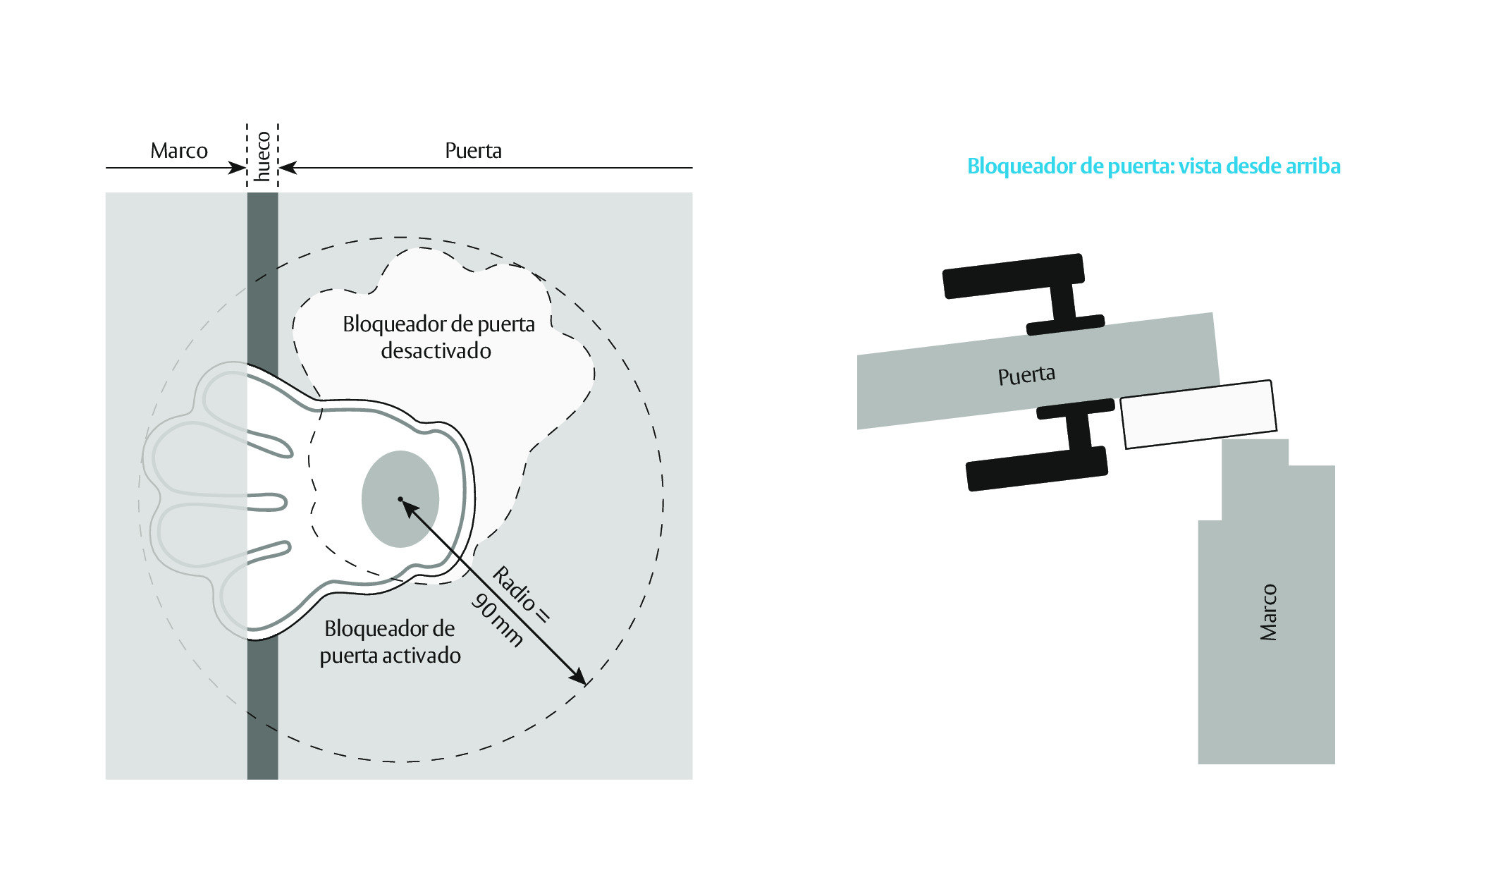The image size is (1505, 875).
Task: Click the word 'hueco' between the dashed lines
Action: point(262,157)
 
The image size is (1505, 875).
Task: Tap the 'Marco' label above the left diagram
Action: point(179,151)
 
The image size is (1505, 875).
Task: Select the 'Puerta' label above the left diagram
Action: point(473,151)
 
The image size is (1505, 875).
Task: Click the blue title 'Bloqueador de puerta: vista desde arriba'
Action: point(1153,166)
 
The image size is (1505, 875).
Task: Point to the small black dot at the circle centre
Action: point(400,499)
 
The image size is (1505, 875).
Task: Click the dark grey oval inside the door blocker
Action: point(400,499)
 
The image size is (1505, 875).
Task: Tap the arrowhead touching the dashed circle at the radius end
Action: point(578,677)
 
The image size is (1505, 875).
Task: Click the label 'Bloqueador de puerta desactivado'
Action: point(438,337)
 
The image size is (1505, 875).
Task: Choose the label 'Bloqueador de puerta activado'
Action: point(390,642)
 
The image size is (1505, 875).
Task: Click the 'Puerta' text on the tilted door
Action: point(1026,375)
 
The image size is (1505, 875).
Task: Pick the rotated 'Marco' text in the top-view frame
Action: point(1268,612)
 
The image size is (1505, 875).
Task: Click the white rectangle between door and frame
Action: point(1198,415)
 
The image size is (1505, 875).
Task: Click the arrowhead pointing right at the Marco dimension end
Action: point(238,168)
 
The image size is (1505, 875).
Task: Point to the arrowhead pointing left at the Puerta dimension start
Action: point(288,168)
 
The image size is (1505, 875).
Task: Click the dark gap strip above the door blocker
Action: point(262,279)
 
